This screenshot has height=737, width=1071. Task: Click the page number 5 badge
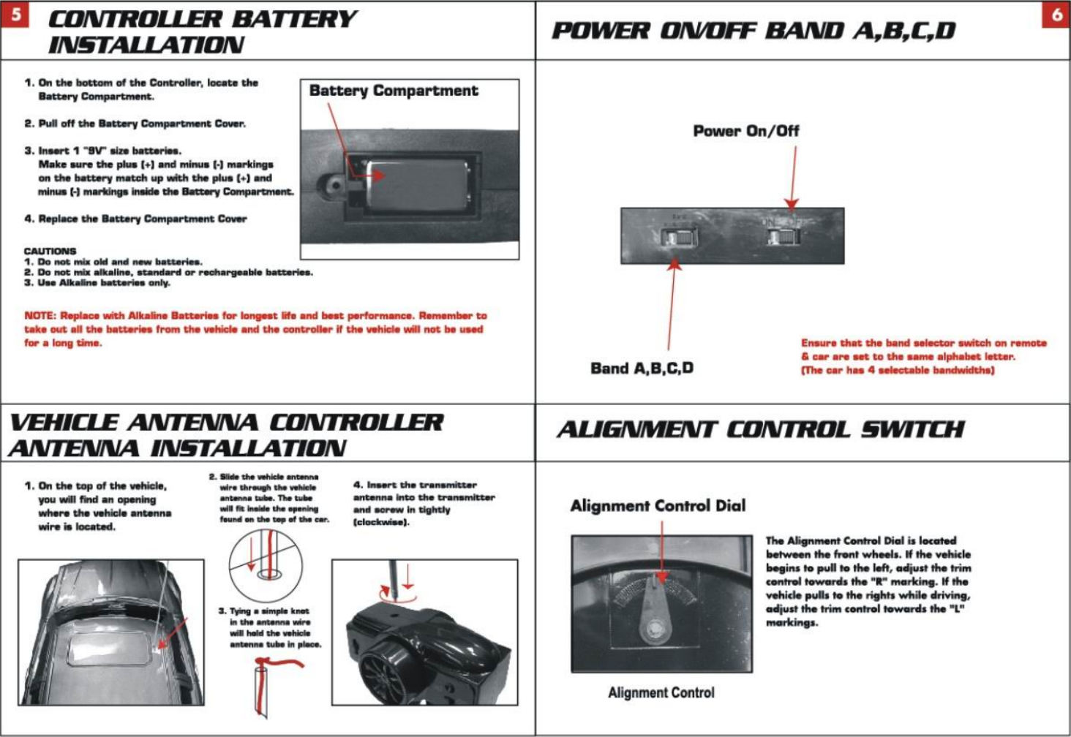[15, 15]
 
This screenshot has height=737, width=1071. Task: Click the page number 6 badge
[1056, 15]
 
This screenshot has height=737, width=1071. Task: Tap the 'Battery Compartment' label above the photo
[393, 91]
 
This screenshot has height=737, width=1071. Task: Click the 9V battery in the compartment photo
[418, 186]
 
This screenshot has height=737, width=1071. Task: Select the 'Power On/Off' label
[745, 131]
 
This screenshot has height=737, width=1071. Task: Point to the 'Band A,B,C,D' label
[642, 368]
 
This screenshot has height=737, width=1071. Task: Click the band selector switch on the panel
[678, 238]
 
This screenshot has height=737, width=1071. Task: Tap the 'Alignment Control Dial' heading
[658, 505]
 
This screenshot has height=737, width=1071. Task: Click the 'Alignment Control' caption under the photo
[661, 692]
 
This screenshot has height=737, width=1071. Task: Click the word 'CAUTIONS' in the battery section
[50, 251]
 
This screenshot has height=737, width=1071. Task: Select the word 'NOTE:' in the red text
[40, 316]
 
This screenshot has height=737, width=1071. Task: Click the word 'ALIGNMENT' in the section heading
[635, 429]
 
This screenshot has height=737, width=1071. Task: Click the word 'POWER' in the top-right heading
[600, 31]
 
